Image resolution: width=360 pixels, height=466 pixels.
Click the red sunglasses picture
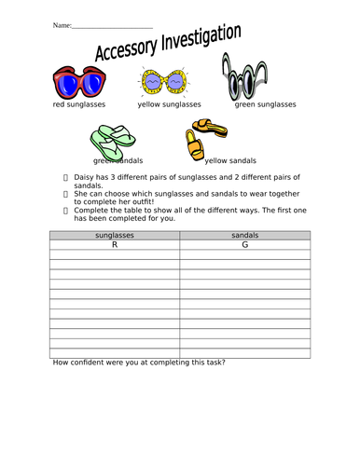click(x=76, y=84)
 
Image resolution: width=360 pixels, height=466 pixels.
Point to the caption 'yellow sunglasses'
click(x=169, y=104)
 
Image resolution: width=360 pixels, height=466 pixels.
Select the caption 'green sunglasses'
click(x=265, y=104)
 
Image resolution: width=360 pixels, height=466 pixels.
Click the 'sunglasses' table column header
click(x=115, y=237)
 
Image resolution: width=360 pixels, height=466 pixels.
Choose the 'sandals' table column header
click(x=244, y=237)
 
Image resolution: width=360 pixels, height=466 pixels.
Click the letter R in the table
click(x=115, y=246)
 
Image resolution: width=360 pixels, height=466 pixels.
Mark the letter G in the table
click(x=244, y=246)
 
